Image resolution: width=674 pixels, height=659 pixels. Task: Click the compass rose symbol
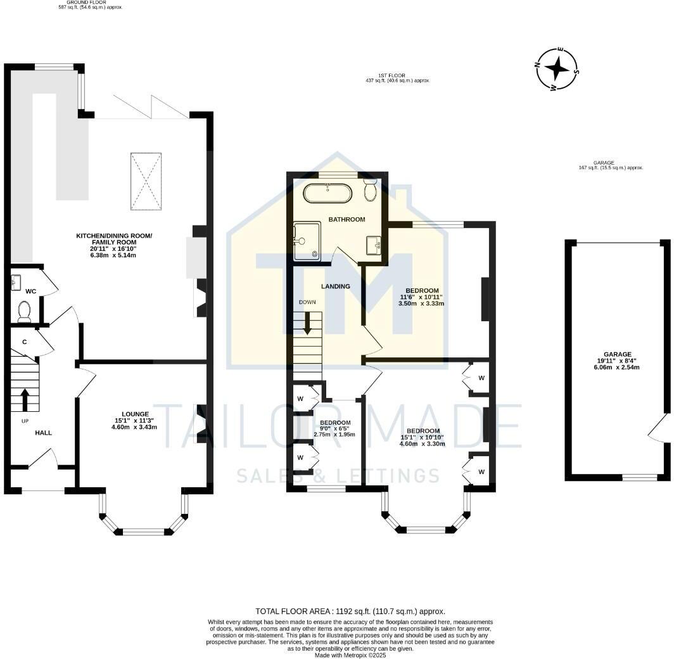point(557,68)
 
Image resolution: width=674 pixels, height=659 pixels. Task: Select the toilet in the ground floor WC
point(24,310)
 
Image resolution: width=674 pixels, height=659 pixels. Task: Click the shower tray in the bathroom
point(307,241)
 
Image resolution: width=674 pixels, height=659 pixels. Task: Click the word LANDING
point(335,286)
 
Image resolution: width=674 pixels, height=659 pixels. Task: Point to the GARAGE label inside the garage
point(617,355)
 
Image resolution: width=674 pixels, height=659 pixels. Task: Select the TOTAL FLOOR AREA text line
point(350,611)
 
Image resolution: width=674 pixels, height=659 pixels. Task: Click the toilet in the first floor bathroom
point(371,189)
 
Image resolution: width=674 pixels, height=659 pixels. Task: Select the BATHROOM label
point(346,219)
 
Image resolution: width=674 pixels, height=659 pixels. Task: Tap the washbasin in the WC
point(17,283)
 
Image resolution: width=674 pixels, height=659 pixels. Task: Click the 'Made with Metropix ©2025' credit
point(350,655)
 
